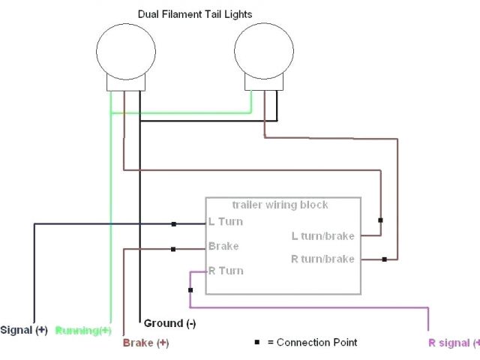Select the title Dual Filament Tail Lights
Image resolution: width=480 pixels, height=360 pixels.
194,13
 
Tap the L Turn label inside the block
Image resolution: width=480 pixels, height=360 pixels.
226,222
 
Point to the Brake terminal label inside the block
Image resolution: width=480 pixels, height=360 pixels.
223,246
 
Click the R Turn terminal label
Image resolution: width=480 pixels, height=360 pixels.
226,271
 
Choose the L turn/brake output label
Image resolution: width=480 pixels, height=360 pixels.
322,235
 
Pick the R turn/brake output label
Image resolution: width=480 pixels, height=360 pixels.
322,259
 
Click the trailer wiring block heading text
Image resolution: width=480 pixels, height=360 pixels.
280,205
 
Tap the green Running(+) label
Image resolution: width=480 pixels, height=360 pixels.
83,330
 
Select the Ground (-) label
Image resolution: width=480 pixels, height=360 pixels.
169,323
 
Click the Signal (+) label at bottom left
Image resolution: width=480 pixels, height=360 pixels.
24,330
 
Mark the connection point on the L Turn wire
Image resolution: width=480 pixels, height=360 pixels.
173,223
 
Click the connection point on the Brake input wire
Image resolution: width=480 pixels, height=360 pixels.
173,250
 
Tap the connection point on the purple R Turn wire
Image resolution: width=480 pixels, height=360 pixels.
190,290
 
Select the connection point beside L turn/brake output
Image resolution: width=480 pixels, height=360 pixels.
381,220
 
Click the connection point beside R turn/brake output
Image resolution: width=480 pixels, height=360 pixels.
384,259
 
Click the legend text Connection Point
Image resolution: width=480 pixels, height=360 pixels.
316,342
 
